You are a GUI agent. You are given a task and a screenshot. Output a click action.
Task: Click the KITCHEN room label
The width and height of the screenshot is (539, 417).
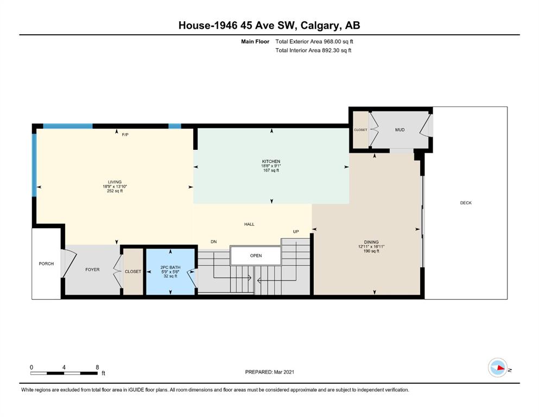coord(271,161)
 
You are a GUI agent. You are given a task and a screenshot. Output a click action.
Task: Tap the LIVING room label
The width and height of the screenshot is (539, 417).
coord(115,182)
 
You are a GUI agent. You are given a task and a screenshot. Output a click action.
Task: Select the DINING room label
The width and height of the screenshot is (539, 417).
coord(371,242)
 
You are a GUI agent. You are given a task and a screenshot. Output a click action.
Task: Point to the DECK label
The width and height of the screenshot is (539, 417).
coord(466,203)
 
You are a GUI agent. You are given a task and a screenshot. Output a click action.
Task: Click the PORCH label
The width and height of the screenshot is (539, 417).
coord(46,264)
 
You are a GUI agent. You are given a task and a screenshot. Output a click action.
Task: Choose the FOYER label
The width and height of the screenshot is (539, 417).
coord(92,269)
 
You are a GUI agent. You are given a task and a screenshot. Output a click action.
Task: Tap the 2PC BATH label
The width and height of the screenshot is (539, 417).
coord(170,267)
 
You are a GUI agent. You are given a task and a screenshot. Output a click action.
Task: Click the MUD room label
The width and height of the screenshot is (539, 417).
coord(400,130)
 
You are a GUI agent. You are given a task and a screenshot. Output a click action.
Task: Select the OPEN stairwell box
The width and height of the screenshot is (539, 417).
coord(256,255)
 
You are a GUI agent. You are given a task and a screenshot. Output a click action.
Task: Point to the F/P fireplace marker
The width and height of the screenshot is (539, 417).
coord(125,135)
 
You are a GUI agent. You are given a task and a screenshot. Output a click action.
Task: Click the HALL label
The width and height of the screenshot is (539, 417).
coord(249,224)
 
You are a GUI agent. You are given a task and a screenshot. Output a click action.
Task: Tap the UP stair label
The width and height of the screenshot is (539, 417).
coord(296,232)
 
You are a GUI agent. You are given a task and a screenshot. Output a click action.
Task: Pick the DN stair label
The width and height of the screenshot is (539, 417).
coord(213,242)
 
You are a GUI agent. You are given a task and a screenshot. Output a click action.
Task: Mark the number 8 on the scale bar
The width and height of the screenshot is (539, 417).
coord(97,367)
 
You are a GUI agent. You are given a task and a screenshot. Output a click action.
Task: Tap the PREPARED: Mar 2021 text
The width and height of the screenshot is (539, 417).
coord(269,372)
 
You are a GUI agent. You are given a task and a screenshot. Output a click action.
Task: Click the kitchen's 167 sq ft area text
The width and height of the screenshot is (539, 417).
coord(271,170)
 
